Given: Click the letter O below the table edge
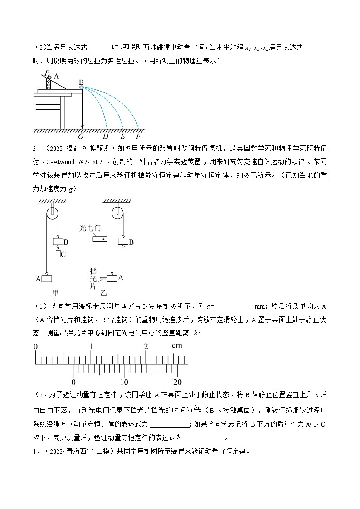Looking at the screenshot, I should pos(81,136).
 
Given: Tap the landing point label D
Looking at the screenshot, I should pos(106,136).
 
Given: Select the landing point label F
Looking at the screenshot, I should pos(139,136).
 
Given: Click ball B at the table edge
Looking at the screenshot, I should pos(81,87).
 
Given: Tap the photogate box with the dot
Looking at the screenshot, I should pos(100,239).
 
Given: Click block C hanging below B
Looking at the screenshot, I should pos(58,254).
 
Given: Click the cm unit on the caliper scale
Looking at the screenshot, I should pos(177,346).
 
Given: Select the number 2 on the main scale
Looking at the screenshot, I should pos(146,347).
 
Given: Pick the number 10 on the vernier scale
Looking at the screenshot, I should pos(124,382).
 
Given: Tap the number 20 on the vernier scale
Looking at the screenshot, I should pos(177,382).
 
